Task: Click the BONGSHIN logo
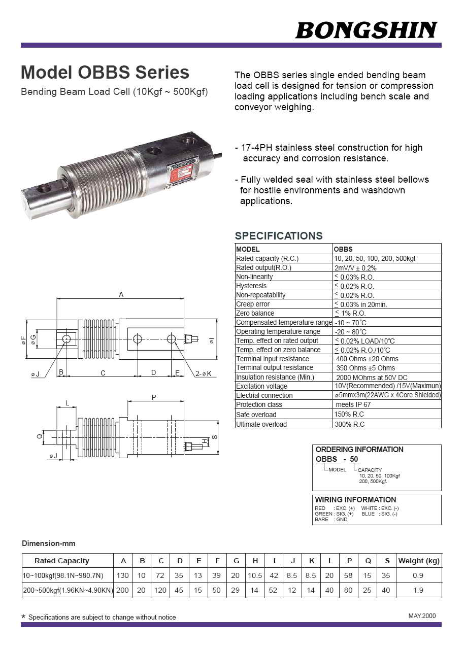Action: click(366, 30)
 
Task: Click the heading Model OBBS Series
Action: click(105, 73)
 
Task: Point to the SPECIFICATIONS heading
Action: click(278, 236)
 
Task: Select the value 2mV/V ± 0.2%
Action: click(355, 268)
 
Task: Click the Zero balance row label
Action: click(255, 314)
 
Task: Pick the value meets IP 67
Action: click(353, 405)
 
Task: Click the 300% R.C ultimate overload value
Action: click(349, 424)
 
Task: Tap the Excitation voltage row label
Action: click(261, 387)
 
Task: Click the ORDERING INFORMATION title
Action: click(359, 450)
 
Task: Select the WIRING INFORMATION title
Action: click(355, 500)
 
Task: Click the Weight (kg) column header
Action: click(419, 561)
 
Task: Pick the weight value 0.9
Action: click(418, 575)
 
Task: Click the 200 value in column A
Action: click(122, 590)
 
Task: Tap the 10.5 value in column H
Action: click(255, 575)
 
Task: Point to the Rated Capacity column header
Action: click(61, 561)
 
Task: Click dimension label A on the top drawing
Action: click(121, 294)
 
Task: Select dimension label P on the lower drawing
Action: click(154, 397)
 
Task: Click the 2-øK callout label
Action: click(204, 374)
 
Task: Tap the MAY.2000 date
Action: click(422, 616)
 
